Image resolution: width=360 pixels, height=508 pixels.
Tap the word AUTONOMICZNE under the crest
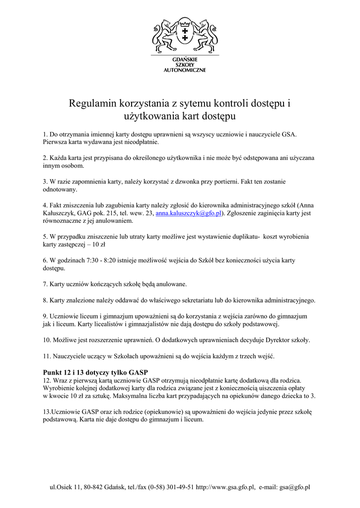(x=185, y=70)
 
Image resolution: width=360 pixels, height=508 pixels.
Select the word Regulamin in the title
(x=93, y=104)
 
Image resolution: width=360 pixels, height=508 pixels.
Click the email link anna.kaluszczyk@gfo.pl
(x=188, y=213)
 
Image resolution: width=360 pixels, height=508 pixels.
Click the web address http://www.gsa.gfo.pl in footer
(x=226, y=487)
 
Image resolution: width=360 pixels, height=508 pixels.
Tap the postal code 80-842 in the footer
(x=92, y=487)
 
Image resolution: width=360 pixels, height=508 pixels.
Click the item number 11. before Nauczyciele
(x=47, y=356)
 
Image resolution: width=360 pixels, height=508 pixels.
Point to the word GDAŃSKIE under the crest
(x=185, y=60)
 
